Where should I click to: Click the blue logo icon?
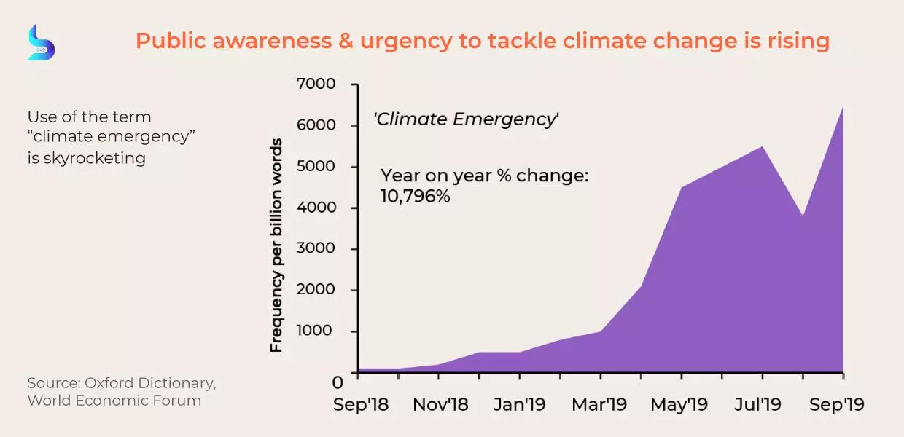tap(41, 42)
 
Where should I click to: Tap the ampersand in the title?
tap(346, 41)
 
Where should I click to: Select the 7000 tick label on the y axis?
tap(316, 84)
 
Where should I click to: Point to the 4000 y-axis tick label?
tap(316, 208)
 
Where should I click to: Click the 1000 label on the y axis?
tap(314, 331)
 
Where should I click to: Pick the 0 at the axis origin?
tap(338, 382)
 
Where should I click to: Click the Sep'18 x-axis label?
tap(361, 404)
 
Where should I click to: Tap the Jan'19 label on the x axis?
tap(519, 404)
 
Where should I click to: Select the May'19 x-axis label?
tap(679, 404)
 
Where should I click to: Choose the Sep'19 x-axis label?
tap(837, 404)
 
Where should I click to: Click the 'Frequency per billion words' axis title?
tap(276, 245)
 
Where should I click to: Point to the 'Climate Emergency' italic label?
tap(466, 119)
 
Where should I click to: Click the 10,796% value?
tap(416, 197)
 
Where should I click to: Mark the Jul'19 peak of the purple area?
tap(763, 146)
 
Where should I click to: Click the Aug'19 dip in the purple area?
tap(803, 216)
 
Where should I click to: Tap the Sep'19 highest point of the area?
tap(843, 106)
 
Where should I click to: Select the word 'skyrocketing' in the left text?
tap(95, 158)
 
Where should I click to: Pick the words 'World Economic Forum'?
tap(114, 401)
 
